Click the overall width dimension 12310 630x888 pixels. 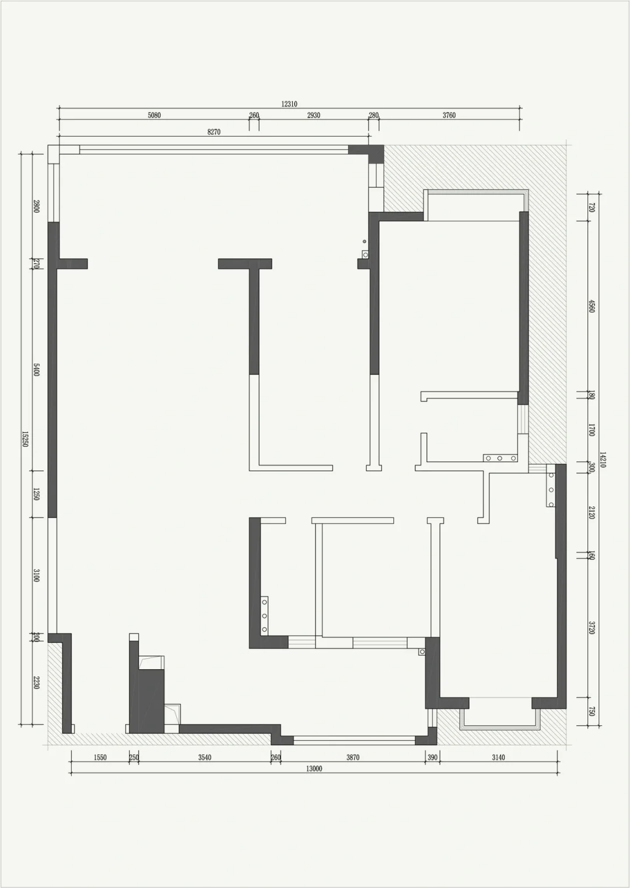[x=289, y=104]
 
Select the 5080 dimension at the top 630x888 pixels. [x=154, y=116]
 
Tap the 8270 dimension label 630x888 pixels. [x=213, y=132]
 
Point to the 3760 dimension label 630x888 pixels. [x=449, y=116]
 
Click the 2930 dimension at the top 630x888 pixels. [x=313, y=116]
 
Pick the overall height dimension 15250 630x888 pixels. [x=24, y=439]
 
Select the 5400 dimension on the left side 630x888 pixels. [x=36, y=369]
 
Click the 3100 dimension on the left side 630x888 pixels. [x=36, y=575]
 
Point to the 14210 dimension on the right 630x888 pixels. [x=603, y=459]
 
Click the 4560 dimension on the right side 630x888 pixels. [x=591, y=306]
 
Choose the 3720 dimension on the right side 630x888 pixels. [x=591, y=628]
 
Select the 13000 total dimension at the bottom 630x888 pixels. [x=314, y=768]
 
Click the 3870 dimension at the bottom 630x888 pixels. [x=353, y=757]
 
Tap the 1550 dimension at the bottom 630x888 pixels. [x=100, y=757]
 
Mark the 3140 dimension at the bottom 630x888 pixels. [x=498, y=757]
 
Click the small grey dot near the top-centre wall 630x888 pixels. [x=365, y=242]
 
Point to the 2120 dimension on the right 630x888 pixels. [x=591, y=513]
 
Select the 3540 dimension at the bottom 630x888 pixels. [x=205, y=757]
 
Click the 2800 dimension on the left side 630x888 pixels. [x=36, y=206]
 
